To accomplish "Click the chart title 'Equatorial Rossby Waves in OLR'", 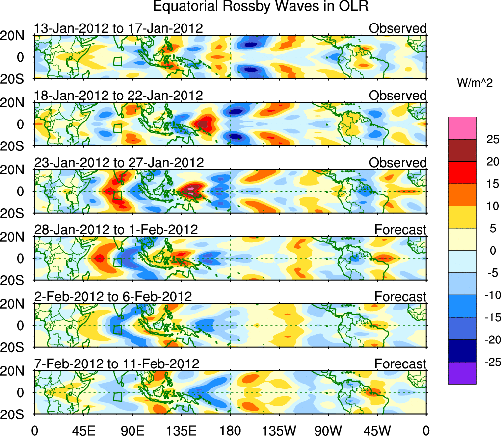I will click(261, 7).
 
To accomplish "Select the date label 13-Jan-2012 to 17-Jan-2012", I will click(118, 28).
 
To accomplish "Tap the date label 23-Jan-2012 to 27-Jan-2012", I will click(118, 162).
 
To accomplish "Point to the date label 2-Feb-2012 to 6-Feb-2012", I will click(113, 296).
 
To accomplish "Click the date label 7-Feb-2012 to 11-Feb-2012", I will click(117, 363).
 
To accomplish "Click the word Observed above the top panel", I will click(397, 28).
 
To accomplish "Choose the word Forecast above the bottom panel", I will click(400, 363).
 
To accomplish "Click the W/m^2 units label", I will click(474, 83).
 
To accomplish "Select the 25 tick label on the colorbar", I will click(491, 139).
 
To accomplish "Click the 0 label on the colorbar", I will click(491, 250).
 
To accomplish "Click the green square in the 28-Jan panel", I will click(117, 262).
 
